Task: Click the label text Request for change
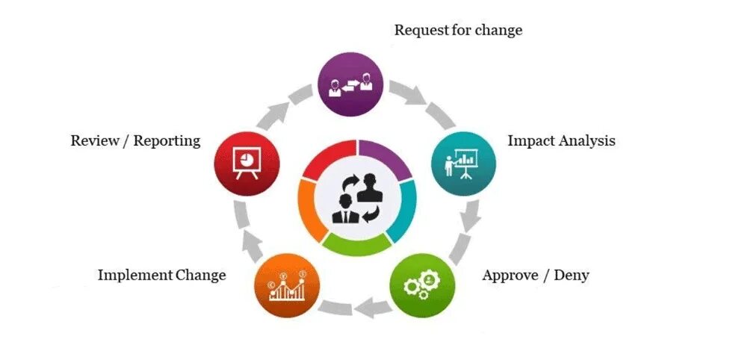pyautogui.click(x=458, y=31)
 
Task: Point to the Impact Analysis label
pyautogui.click(x=561, y=140)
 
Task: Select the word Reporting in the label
pyautogui.click(x=167, y=140)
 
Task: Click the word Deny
pyautogui.click(x=573, y=275)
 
